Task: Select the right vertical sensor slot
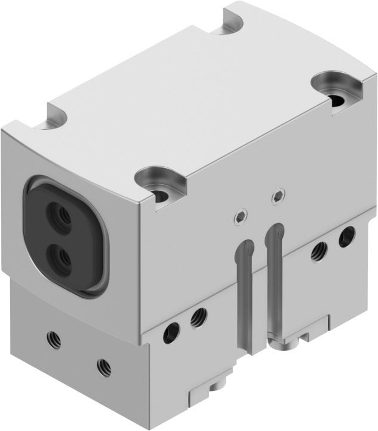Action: point(274,275)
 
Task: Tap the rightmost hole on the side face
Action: point(345,237)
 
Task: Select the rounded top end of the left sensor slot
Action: point(242,246)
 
